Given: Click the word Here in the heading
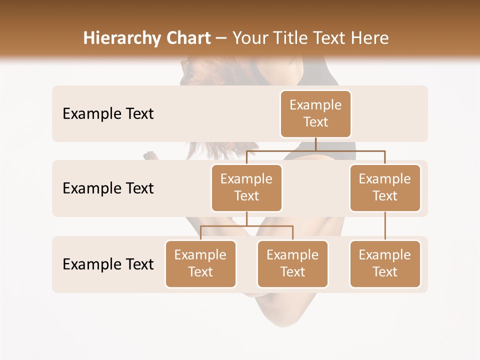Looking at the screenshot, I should (368, 38).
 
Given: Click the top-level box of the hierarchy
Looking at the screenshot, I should (315, 113).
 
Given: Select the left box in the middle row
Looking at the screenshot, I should (246, 187).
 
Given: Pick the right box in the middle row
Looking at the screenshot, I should (385, 187).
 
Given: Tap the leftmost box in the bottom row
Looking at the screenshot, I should (200, 263).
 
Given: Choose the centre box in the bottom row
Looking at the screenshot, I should (292, 263).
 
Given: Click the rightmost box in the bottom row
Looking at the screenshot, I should (385, 263).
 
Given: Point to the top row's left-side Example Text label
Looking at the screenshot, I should (108, 114).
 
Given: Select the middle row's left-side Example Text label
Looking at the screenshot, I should (108, 188).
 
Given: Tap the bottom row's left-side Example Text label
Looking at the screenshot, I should (108, 264).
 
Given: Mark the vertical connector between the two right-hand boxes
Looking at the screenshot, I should (385, 226).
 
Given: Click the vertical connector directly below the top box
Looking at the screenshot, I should (315, 144).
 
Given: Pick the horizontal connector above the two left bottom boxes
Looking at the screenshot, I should (246, 226).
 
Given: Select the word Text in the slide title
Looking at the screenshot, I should (332, 38).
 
